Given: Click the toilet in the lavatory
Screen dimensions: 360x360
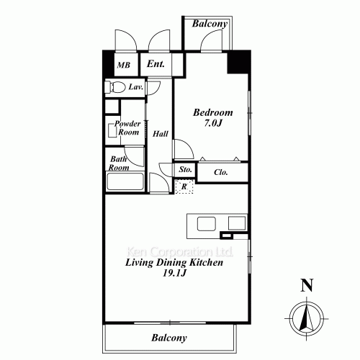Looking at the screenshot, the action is [x=115, y=87].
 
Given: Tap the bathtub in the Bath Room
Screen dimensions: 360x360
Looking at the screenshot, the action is [x=125, y=181].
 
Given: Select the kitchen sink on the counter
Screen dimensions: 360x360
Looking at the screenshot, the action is [x=207, y=224].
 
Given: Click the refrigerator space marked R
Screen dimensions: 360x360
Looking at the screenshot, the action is [x=184, y=186].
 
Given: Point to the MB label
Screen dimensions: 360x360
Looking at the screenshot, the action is [x=124, y=65].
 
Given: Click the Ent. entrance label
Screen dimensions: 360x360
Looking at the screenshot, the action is [x=156, y=64].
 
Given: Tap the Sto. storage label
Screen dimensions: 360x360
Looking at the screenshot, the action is [x=185, y=169].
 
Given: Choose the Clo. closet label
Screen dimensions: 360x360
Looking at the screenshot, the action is [x=221, y=172].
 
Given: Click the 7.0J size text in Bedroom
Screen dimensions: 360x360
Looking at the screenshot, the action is [x=213, y=123].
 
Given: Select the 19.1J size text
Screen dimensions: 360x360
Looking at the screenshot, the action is [x=174, y=273].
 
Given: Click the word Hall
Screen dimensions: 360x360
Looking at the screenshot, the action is [x=161, y=134].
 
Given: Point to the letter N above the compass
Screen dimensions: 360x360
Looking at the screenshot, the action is [x=307, y=285].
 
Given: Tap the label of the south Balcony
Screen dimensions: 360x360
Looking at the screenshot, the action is [x=169, y=338].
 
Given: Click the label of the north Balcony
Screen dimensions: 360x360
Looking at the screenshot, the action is [x=210, y=24].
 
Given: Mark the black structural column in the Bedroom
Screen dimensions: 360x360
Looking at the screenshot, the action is [x=238, y=62].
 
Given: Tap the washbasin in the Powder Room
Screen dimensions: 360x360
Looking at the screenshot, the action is [x=112, y=130].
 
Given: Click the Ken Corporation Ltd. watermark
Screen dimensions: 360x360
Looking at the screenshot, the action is [x=180, y=252].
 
